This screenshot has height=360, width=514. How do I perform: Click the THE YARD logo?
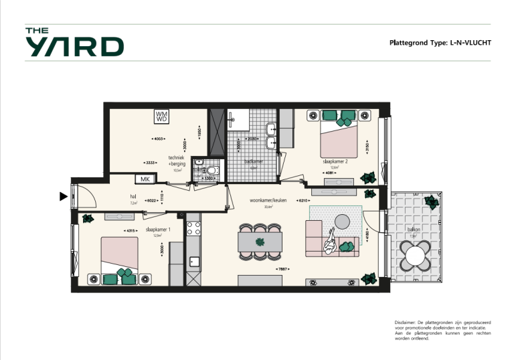[x=74, y=42]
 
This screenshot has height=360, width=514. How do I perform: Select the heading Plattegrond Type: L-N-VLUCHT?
[x=440, y=43]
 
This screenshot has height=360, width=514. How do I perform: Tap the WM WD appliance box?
[x=161, y=117]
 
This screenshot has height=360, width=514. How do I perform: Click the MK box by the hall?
[x=145, y=179]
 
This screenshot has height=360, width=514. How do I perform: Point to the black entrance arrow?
[x=64, y=196]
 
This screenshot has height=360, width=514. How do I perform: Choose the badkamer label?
[x=253, y=161]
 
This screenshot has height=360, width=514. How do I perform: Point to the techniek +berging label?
[x=177, y=161]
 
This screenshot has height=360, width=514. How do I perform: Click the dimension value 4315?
[x=131, y=231]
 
